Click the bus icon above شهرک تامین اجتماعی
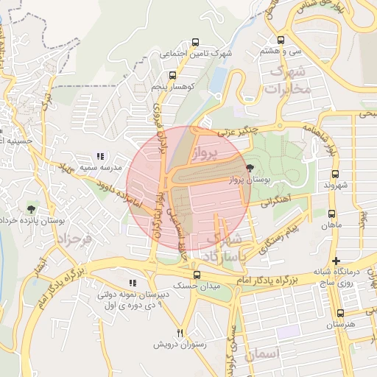(x=194, y=42)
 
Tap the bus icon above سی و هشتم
(x=281, y=40)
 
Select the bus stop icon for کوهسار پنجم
(x=172, y=75)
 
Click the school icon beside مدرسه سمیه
(x=100, y=156)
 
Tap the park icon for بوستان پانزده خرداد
(x=30, y=210)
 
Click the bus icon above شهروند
(x=336, y=175)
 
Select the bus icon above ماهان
(x=332, y=214)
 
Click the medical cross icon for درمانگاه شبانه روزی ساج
(x=336, y=261)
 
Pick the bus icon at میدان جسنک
(x=194, y=274)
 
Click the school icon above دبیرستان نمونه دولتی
(x=133, y=283)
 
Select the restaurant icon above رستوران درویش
(x=180, y=333)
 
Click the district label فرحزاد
(x=72, y=240)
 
